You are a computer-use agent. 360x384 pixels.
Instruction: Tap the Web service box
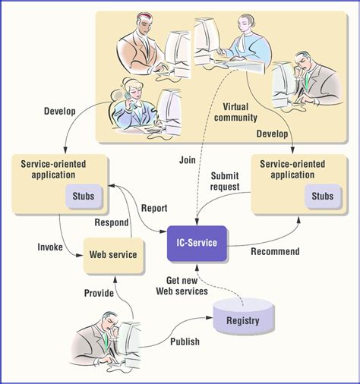pyautogui.click(x=113, y=254)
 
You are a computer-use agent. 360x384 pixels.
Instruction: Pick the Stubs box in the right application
pyautogui.click(x=323, y=196)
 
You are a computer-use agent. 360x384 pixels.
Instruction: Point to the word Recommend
pyautogui.click(x=275, y=251)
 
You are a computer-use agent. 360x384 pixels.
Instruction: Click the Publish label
pyautogui.click(x=185, y=342)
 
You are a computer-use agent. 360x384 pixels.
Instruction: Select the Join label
pyautogui.click(x=188, y=160)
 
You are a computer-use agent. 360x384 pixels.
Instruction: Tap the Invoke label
pyautogui.click(x=50, y=247)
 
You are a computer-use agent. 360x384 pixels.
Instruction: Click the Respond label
pyautogui.click(x=111, y=222)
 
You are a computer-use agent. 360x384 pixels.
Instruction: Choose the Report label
pyautogui.click(x=154, y=208)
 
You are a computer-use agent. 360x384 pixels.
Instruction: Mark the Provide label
pyautogui.click(x=98, y=293)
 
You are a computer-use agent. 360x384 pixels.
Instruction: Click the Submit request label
pyautogui.click(x=226, y=181)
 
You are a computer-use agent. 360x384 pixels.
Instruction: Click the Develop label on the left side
pyautogui.click(x=59, y=111)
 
